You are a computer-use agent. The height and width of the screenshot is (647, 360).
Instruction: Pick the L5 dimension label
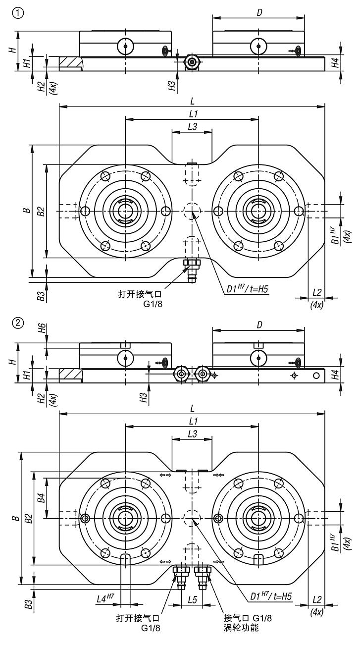point(193,599)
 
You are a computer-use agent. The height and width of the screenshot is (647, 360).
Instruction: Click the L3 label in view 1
point(192,127)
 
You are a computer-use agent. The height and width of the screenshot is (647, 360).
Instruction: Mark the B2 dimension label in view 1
point(42,211)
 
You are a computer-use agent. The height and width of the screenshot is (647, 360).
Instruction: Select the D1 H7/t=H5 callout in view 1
point(245,288)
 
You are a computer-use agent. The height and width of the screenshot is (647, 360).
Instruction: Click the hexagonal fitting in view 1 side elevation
point(191,61)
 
